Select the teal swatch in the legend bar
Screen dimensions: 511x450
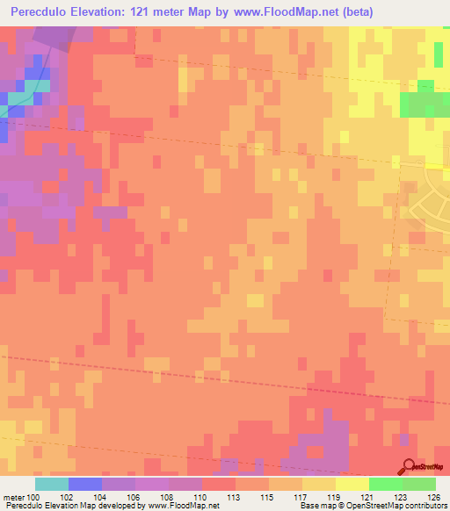click(51, 484)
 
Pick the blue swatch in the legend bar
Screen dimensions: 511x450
click(84, 484)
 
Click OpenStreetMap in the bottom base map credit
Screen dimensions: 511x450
click(373, 507)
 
